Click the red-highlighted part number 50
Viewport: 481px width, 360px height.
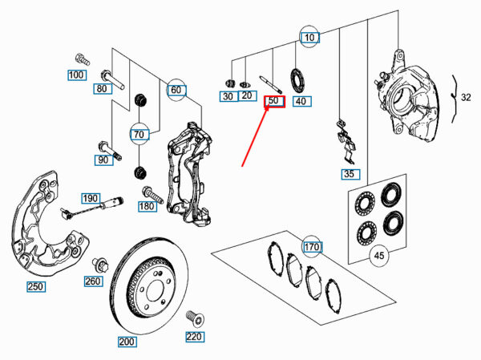tap(275, 101)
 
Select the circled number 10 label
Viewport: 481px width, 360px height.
tap(309, 38)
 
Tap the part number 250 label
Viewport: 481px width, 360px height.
tap(36, 287)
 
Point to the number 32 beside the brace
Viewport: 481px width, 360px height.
tap(466, 97)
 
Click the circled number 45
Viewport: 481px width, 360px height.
tap(379, 255)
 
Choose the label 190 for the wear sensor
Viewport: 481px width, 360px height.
tap(91, 199)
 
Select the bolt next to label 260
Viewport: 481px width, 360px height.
tap(99, 265)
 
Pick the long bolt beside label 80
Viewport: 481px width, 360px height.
tap(112, 79)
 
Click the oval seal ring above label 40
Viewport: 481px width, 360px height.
tap(297, 81)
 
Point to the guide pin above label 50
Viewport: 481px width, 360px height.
tap(271, 84)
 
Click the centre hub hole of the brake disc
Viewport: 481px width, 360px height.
tap(156, 290)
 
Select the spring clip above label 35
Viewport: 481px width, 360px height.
tap(346, 141)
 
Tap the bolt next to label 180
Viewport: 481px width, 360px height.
tap(152, 195)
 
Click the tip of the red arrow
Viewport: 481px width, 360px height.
tap(269, 104)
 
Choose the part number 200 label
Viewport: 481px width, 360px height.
tap(127, 342)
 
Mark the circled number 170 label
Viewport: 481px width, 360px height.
tap(312, 246)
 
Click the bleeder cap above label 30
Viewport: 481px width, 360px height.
tap(230, 83)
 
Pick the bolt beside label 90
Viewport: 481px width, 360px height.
tap(110, 151)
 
